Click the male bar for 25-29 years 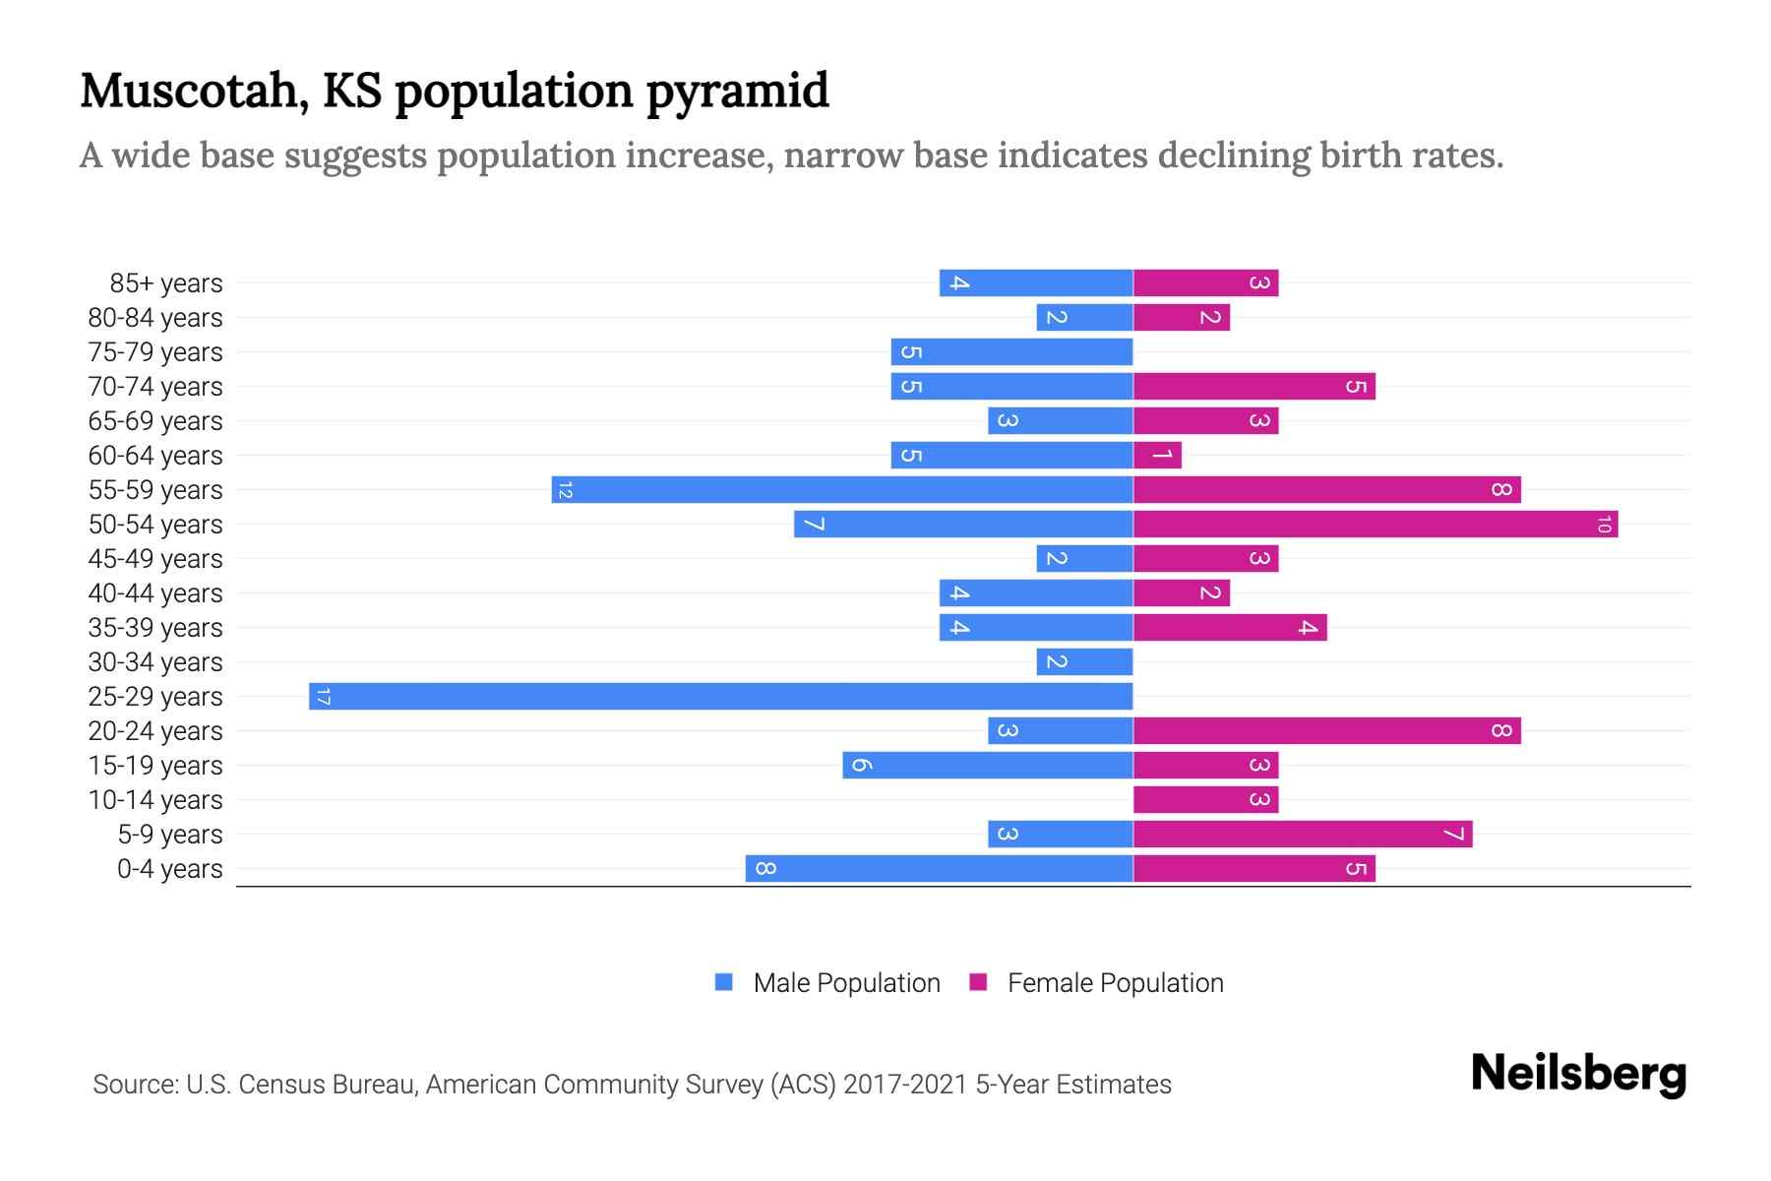pos(720,697)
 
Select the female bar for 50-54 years pos(1375,525)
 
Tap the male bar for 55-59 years pos(842,490)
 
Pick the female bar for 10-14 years pos(1205,800)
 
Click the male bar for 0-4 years pos(939,869)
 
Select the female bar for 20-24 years pos(1326,731)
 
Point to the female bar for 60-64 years pos(1157,456)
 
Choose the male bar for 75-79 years pos(1011,352)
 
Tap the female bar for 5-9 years pos(1303,835)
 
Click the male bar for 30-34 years pos(1084,662)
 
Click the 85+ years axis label pos(165,283)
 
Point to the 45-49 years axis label pos(155,559)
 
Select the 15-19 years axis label pos(155,766)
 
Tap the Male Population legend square pos(724,982)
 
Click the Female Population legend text pos(1115,983)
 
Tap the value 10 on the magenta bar pos(1604,525)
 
